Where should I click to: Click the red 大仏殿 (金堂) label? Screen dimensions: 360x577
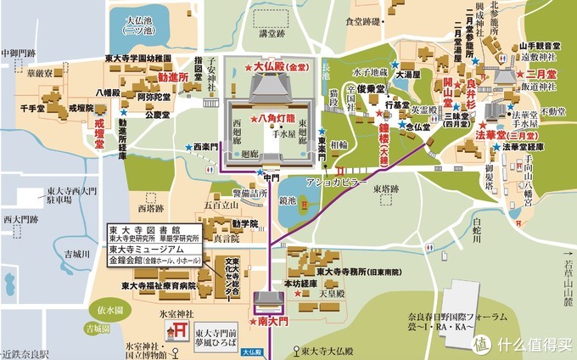pyautogui.click(x=275, y=65)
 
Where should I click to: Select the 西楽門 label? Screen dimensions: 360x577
pyautogui.click(x=206, y=146)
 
